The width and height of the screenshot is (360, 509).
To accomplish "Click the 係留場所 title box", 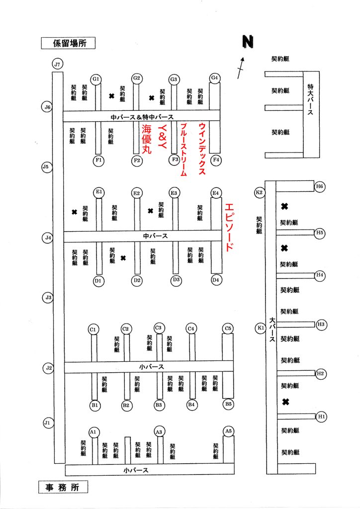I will tap(67, 43).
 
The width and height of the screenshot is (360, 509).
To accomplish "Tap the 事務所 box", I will tap(63, 487).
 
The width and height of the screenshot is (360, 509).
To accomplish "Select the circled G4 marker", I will tap(215, 78).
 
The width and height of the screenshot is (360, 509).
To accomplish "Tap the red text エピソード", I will tap(229, 227).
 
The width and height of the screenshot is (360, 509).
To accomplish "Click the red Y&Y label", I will tap(163, 135).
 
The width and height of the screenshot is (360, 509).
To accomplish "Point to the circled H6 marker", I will tap(320, 186).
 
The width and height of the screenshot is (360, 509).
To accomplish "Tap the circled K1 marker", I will tap(259, 328).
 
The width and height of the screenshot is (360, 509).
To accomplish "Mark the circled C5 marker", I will tap(228, 329).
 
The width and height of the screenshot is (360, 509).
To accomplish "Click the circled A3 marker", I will tap(160, 431).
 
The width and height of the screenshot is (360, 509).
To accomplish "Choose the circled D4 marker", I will tap(216, 280).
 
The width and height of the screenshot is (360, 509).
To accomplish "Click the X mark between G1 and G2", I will tap(112, 96).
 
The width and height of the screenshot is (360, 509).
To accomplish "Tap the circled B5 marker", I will tap(228, 404).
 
